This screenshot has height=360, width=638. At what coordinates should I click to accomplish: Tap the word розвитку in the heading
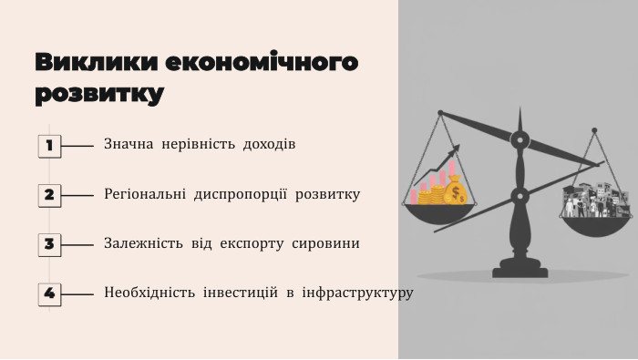point(99,93)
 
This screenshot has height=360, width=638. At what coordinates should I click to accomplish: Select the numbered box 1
point(49,145)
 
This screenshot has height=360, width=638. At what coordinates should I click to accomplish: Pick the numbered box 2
point(49,194)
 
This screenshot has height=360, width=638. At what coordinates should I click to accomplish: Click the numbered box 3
point(49,244)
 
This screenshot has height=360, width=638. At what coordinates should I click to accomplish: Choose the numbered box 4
point(49,293)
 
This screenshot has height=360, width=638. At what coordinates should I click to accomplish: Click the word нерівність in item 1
point(199,145)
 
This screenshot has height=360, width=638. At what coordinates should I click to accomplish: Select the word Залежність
point(141,244)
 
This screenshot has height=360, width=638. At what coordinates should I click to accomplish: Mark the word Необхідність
point(149,293)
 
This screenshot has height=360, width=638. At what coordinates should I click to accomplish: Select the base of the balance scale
point(520,270)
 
